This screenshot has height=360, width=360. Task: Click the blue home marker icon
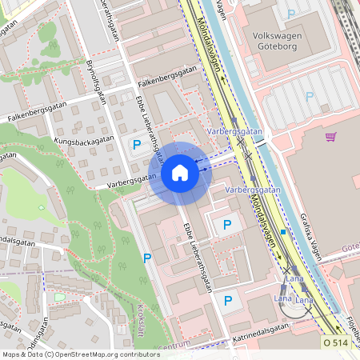click(180, 172)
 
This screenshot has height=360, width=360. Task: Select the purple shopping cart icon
click(330, 137)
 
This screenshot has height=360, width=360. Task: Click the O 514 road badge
click(336, 342)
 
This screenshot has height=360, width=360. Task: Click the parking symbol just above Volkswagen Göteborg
click(291, 14)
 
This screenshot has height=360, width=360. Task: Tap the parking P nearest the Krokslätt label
click(146, 258)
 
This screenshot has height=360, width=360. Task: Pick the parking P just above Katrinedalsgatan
click(228, 300)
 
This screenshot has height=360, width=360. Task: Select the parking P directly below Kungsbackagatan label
click(137, 145)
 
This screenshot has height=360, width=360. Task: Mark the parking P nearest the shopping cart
click(310, 96)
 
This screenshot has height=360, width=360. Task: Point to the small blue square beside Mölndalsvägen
click(283, 232)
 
